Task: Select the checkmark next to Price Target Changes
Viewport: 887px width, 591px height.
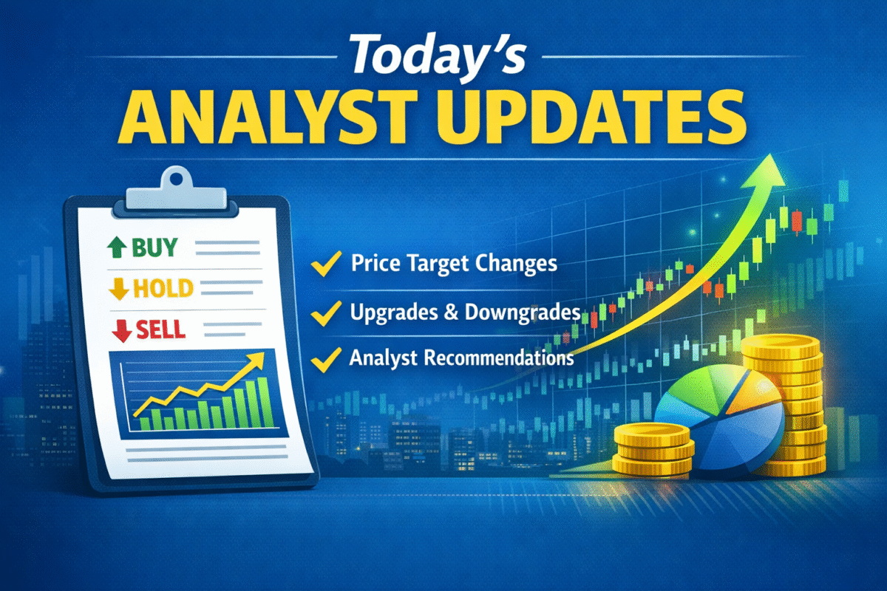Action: [325, 264]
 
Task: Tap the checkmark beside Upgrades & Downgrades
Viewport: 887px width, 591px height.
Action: [324, 313]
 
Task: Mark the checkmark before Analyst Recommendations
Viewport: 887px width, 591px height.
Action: [324, 360]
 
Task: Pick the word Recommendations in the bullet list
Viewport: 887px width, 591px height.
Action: [496, 359]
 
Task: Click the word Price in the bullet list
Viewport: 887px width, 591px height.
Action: [374, 263]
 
